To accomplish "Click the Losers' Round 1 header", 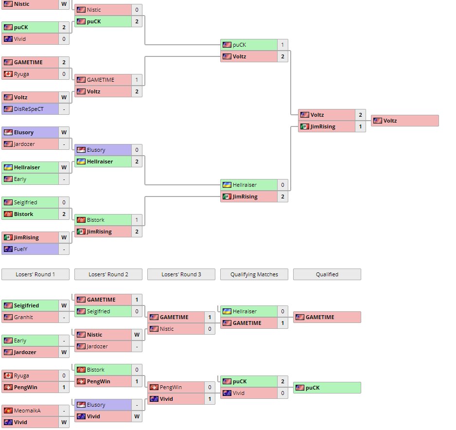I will click(x=35, y=274).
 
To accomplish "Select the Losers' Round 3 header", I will click(x=181, y=274).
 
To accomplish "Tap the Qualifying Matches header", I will click(x=254, y=274).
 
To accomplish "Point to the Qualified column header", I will click(x=327, y=274).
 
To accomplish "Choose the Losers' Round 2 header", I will click(x=108, y=274).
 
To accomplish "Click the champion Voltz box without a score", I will click(x=405, y=121).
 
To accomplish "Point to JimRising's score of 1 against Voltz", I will click(x=360, y=126).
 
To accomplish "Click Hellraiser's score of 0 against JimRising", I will click(x=282, y=185).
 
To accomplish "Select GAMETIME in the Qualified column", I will click(x=327, y=317).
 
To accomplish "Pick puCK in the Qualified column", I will click(x=327, y=387).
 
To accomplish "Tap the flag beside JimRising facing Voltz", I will click(x=305, y=126).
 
